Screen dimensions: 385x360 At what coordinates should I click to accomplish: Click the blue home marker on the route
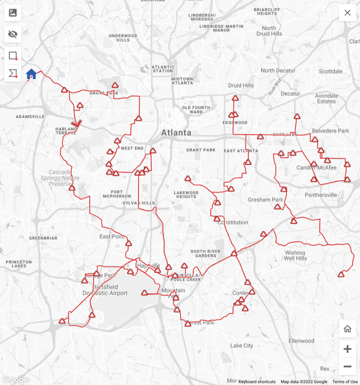(31, 74)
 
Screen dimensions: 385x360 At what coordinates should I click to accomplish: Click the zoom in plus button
(347, 349)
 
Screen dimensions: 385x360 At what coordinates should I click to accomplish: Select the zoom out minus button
(347, 367)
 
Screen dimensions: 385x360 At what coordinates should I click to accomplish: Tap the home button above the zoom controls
(347, 329)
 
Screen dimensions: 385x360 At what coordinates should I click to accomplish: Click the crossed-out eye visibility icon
(13, 34)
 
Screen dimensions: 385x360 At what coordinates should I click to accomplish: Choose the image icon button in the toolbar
(13, 13)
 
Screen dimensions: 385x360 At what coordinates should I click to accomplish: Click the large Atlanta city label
(176, 133)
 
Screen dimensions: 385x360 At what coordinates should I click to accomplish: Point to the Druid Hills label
(241, 86)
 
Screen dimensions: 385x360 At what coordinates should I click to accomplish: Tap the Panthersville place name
(321, 195)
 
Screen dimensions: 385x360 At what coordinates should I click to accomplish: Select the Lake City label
(242, 346)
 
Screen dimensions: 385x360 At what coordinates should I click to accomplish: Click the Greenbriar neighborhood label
(43, 238)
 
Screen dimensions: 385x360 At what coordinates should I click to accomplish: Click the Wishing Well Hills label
(296, 255)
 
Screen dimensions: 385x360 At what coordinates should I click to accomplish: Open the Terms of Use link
(345, 382)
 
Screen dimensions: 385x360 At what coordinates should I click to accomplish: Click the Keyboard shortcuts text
(257, 382)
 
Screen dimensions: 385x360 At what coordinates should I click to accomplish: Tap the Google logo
(15, 379)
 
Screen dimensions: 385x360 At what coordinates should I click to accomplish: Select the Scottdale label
(330, 71)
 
